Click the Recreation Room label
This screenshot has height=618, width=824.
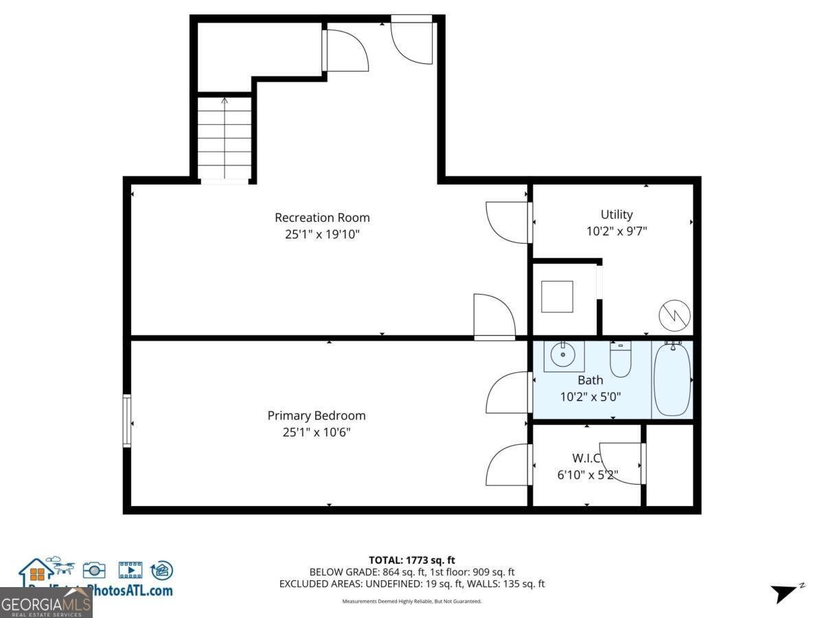tap(322, 218)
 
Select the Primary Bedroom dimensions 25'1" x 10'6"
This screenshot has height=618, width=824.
tap(317, 432)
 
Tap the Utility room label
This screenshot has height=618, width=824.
tap(617, 215)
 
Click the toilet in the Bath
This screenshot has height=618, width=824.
tap(621, 360)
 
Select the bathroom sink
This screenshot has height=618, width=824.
tap(564, 355)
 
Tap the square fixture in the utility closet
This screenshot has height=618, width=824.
tap(557, 297)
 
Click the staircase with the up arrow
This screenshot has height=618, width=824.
tap(225, 140)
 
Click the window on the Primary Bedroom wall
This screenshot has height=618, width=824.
tap(127, 420)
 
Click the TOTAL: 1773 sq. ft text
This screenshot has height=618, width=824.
tap(412, 560)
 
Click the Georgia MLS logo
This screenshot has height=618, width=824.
tap(45, 603)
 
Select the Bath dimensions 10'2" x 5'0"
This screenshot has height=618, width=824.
tap(590, 396)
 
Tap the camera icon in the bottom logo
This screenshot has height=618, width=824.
tap(94, 570)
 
